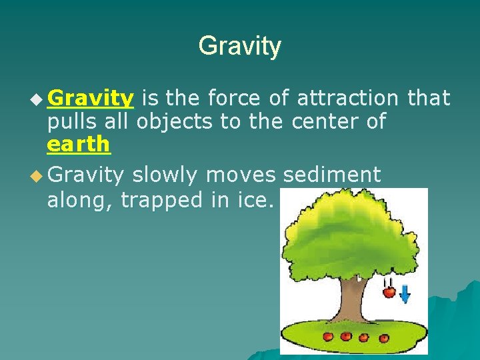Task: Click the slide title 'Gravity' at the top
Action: pos(239,47)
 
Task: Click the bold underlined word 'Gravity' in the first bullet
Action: pos(91,99)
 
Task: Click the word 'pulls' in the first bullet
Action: pos(70,121)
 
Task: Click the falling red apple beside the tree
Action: pos(389,292)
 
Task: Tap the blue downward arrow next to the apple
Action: pos(405,294)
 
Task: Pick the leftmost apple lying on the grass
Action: pos(327,335)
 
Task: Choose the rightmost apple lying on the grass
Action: pos(381,337)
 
